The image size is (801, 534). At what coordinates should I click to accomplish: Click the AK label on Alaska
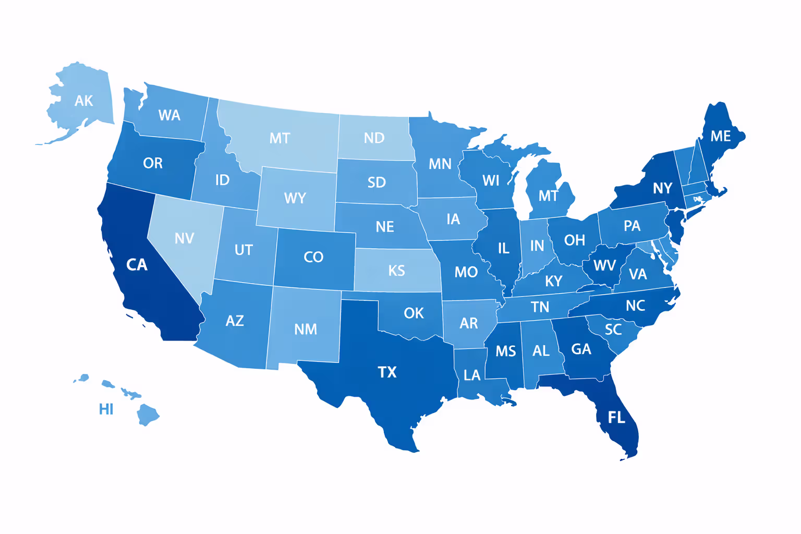point(83,101)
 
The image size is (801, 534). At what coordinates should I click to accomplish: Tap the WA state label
point(169,115)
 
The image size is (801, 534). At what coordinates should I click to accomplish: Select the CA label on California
point(137,265)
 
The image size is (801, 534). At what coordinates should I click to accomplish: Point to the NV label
point(184,238)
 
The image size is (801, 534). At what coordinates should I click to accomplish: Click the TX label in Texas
point(387,372)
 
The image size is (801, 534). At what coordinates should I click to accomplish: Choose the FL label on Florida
point(616,417)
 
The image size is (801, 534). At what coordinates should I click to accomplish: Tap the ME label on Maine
point(720,136)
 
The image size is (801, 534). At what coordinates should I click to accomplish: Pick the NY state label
point(662,188)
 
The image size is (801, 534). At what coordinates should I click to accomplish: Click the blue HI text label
point(106,409)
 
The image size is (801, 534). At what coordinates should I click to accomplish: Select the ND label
point(374,138)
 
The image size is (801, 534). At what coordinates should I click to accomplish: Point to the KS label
point(396,271)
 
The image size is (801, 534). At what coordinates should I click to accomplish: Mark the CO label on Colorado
point(313,257)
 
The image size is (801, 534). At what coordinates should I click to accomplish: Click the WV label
point(604,265)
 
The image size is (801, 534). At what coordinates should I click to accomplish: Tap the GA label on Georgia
point(581,349)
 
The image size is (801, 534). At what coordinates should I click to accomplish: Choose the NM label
point(306,329)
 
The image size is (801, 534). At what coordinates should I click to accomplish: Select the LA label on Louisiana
point(472,375)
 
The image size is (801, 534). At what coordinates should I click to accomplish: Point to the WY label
point(295,198)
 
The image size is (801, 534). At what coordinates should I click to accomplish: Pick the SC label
point(613,330)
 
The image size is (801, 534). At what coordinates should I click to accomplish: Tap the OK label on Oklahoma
point(414,313)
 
